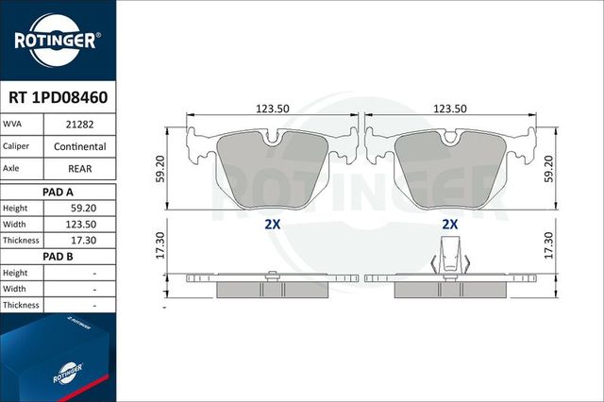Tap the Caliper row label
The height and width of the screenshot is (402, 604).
point(20,146)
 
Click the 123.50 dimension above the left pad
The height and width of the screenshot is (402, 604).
point(273,109)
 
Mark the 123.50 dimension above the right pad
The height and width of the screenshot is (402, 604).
point(450,109)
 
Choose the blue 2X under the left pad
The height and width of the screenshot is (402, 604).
point(273,225)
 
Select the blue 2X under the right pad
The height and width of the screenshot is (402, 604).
point(450,225)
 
